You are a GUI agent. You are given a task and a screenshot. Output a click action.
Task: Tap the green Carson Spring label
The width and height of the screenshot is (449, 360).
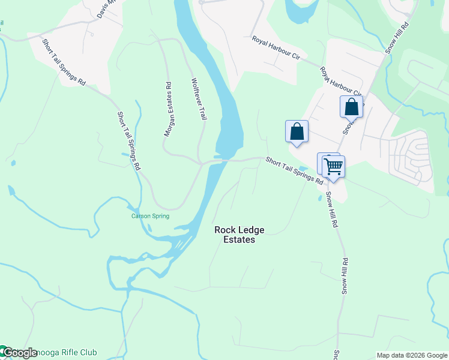(x=151, y=216)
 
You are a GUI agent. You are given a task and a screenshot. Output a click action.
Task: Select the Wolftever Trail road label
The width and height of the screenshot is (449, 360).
(x=199, y=99)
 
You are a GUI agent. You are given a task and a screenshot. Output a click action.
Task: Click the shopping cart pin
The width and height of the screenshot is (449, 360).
(x=333, y=166)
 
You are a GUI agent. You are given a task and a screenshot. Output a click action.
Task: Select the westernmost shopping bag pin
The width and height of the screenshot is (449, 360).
(x=297, y=131)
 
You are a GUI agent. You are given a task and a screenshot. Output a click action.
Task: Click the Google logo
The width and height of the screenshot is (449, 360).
(x=19, y=353)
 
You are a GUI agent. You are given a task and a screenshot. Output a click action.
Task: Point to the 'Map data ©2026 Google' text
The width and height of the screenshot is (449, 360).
(x=412, y=355)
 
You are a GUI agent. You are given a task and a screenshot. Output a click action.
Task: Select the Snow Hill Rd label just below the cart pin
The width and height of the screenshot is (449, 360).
(x=332, y=211)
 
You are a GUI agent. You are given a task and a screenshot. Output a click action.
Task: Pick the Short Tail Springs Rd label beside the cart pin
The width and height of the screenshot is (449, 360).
(x=295, y=171)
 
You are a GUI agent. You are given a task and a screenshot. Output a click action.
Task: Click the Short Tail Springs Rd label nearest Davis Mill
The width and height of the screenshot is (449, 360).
(x=64, y=62)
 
